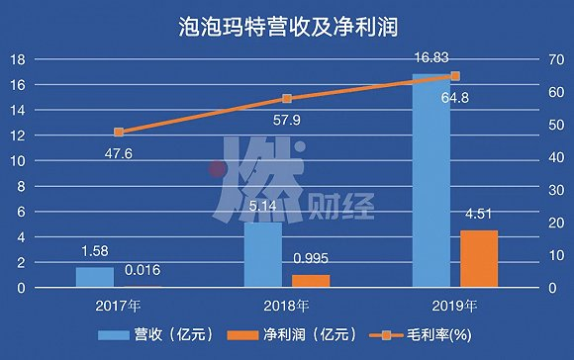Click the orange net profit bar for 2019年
tap(478, 258)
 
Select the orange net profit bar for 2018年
tap(310, 281)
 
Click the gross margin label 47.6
tap(119, 152)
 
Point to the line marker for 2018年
tap(287, 99)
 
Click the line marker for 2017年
tap(119, 132)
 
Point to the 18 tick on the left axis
tap(17, 59)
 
